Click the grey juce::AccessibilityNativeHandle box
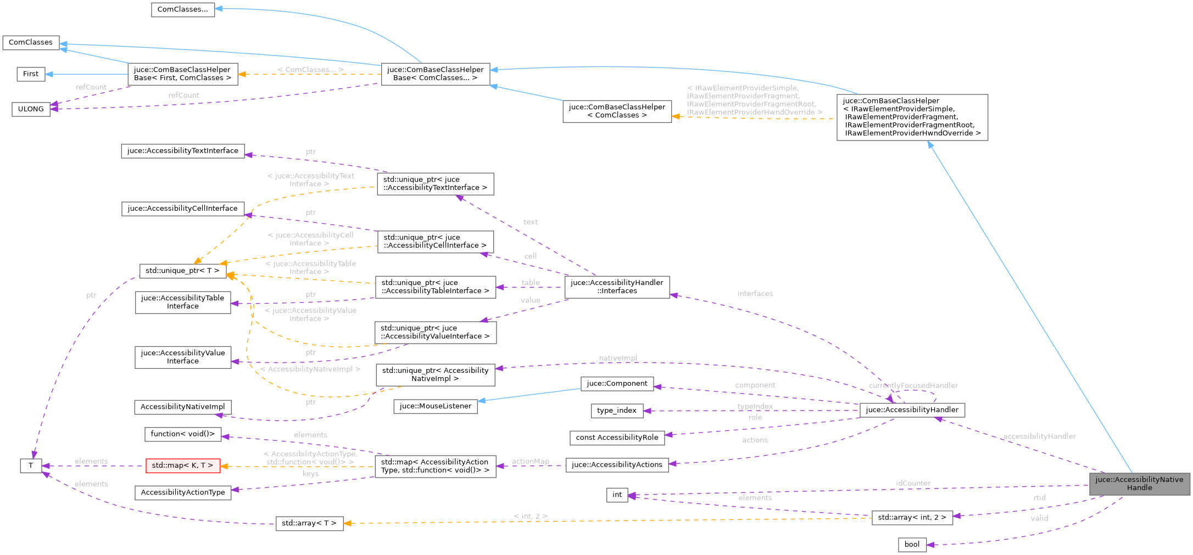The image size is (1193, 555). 1139,484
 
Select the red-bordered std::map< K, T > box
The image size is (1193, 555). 182,466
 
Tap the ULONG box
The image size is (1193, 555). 31,109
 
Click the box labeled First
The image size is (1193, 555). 31,74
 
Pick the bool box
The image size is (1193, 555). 912,545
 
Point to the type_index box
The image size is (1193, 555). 616,411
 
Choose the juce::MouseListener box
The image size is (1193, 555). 436,406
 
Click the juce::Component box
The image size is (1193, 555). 617,384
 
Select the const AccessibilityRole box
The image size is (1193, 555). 617,438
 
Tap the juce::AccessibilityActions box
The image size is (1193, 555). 617,465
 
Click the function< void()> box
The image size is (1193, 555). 183,434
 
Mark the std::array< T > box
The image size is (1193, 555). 309,523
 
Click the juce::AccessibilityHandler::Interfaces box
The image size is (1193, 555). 617,287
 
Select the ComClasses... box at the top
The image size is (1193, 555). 182,9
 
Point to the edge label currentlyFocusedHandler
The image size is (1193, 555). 913,385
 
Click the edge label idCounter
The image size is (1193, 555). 913,483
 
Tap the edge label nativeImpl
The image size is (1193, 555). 618,358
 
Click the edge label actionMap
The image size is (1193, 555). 530,461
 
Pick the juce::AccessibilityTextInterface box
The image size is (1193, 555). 182,151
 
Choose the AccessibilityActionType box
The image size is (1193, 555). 183,492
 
